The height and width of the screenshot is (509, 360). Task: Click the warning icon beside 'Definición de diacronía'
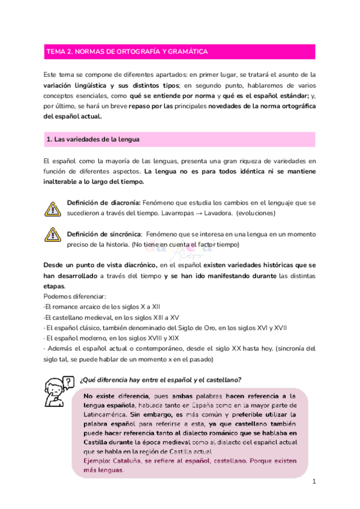(x=53, y=208)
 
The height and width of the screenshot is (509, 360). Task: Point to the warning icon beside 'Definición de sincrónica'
(x=53, y=239)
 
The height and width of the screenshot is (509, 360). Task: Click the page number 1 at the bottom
(x=314, y=482)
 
